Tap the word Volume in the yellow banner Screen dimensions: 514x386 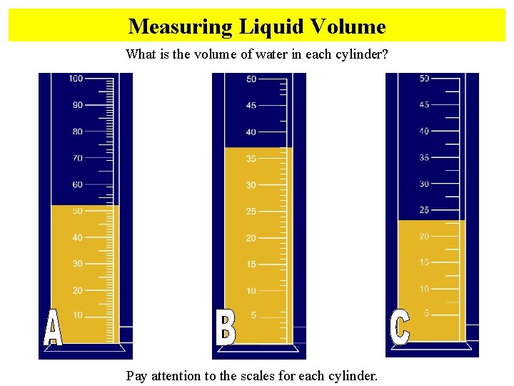pos(349,27)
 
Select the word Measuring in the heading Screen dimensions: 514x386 pos(180,27)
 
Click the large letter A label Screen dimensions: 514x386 pos(52,329)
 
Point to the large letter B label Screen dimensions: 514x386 pos(226,327)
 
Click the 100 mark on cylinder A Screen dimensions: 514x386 pos(76,79)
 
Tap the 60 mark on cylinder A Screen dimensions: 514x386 pos(77,184)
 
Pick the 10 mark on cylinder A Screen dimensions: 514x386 pos(77,315)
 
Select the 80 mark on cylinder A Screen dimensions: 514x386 pos(77,132)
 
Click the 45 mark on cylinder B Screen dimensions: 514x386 pos(251,106)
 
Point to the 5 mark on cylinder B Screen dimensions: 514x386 pos(253,315)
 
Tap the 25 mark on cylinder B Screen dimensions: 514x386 pos(251,212)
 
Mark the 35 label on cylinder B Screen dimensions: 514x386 pos(251,159)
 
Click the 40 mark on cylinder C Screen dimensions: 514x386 pos(424,132)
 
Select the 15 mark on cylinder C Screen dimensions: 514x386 pos(424,262)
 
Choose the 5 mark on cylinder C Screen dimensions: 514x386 pos(426,313)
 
